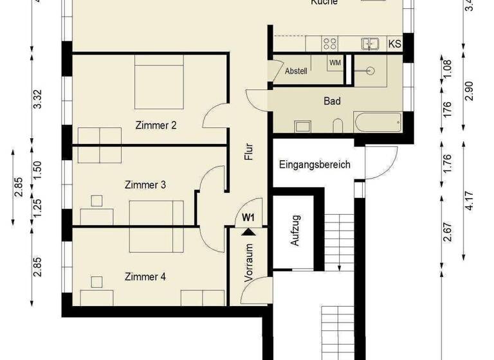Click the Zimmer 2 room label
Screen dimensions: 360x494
click(156, 125)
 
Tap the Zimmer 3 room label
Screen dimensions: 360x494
click(145, 185)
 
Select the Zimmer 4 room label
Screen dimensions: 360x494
click(145, 277)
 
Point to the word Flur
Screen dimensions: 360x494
click(249, 151)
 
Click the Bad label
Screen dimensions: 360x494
click(332, 102)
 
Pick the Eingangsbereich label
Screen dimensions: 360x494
click(315, 165)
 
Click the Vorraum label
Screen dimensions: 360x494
click(249, 262)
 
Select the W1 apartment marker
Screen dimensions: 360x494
click(249, 217)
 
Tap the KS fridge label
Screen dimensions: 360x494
click(395, 44)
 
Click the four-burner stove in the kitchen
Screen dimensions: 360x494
click(330, 44)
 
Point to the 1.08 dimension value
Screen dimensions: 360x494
click(448, 68)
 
